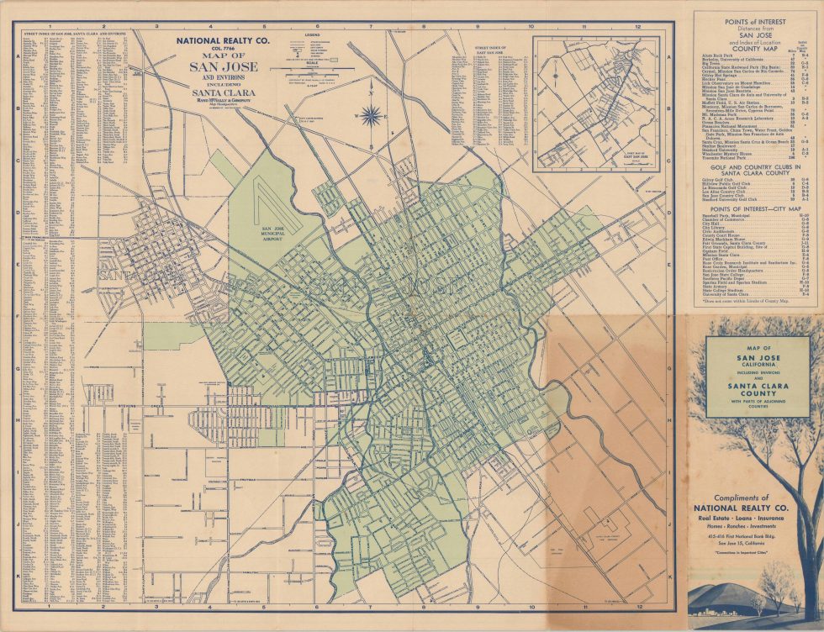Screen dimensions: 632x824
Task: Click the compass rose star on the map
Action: [x=370, y=117]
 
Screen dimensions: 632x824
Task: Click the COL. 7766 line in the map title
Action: [x=223, y=49]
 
